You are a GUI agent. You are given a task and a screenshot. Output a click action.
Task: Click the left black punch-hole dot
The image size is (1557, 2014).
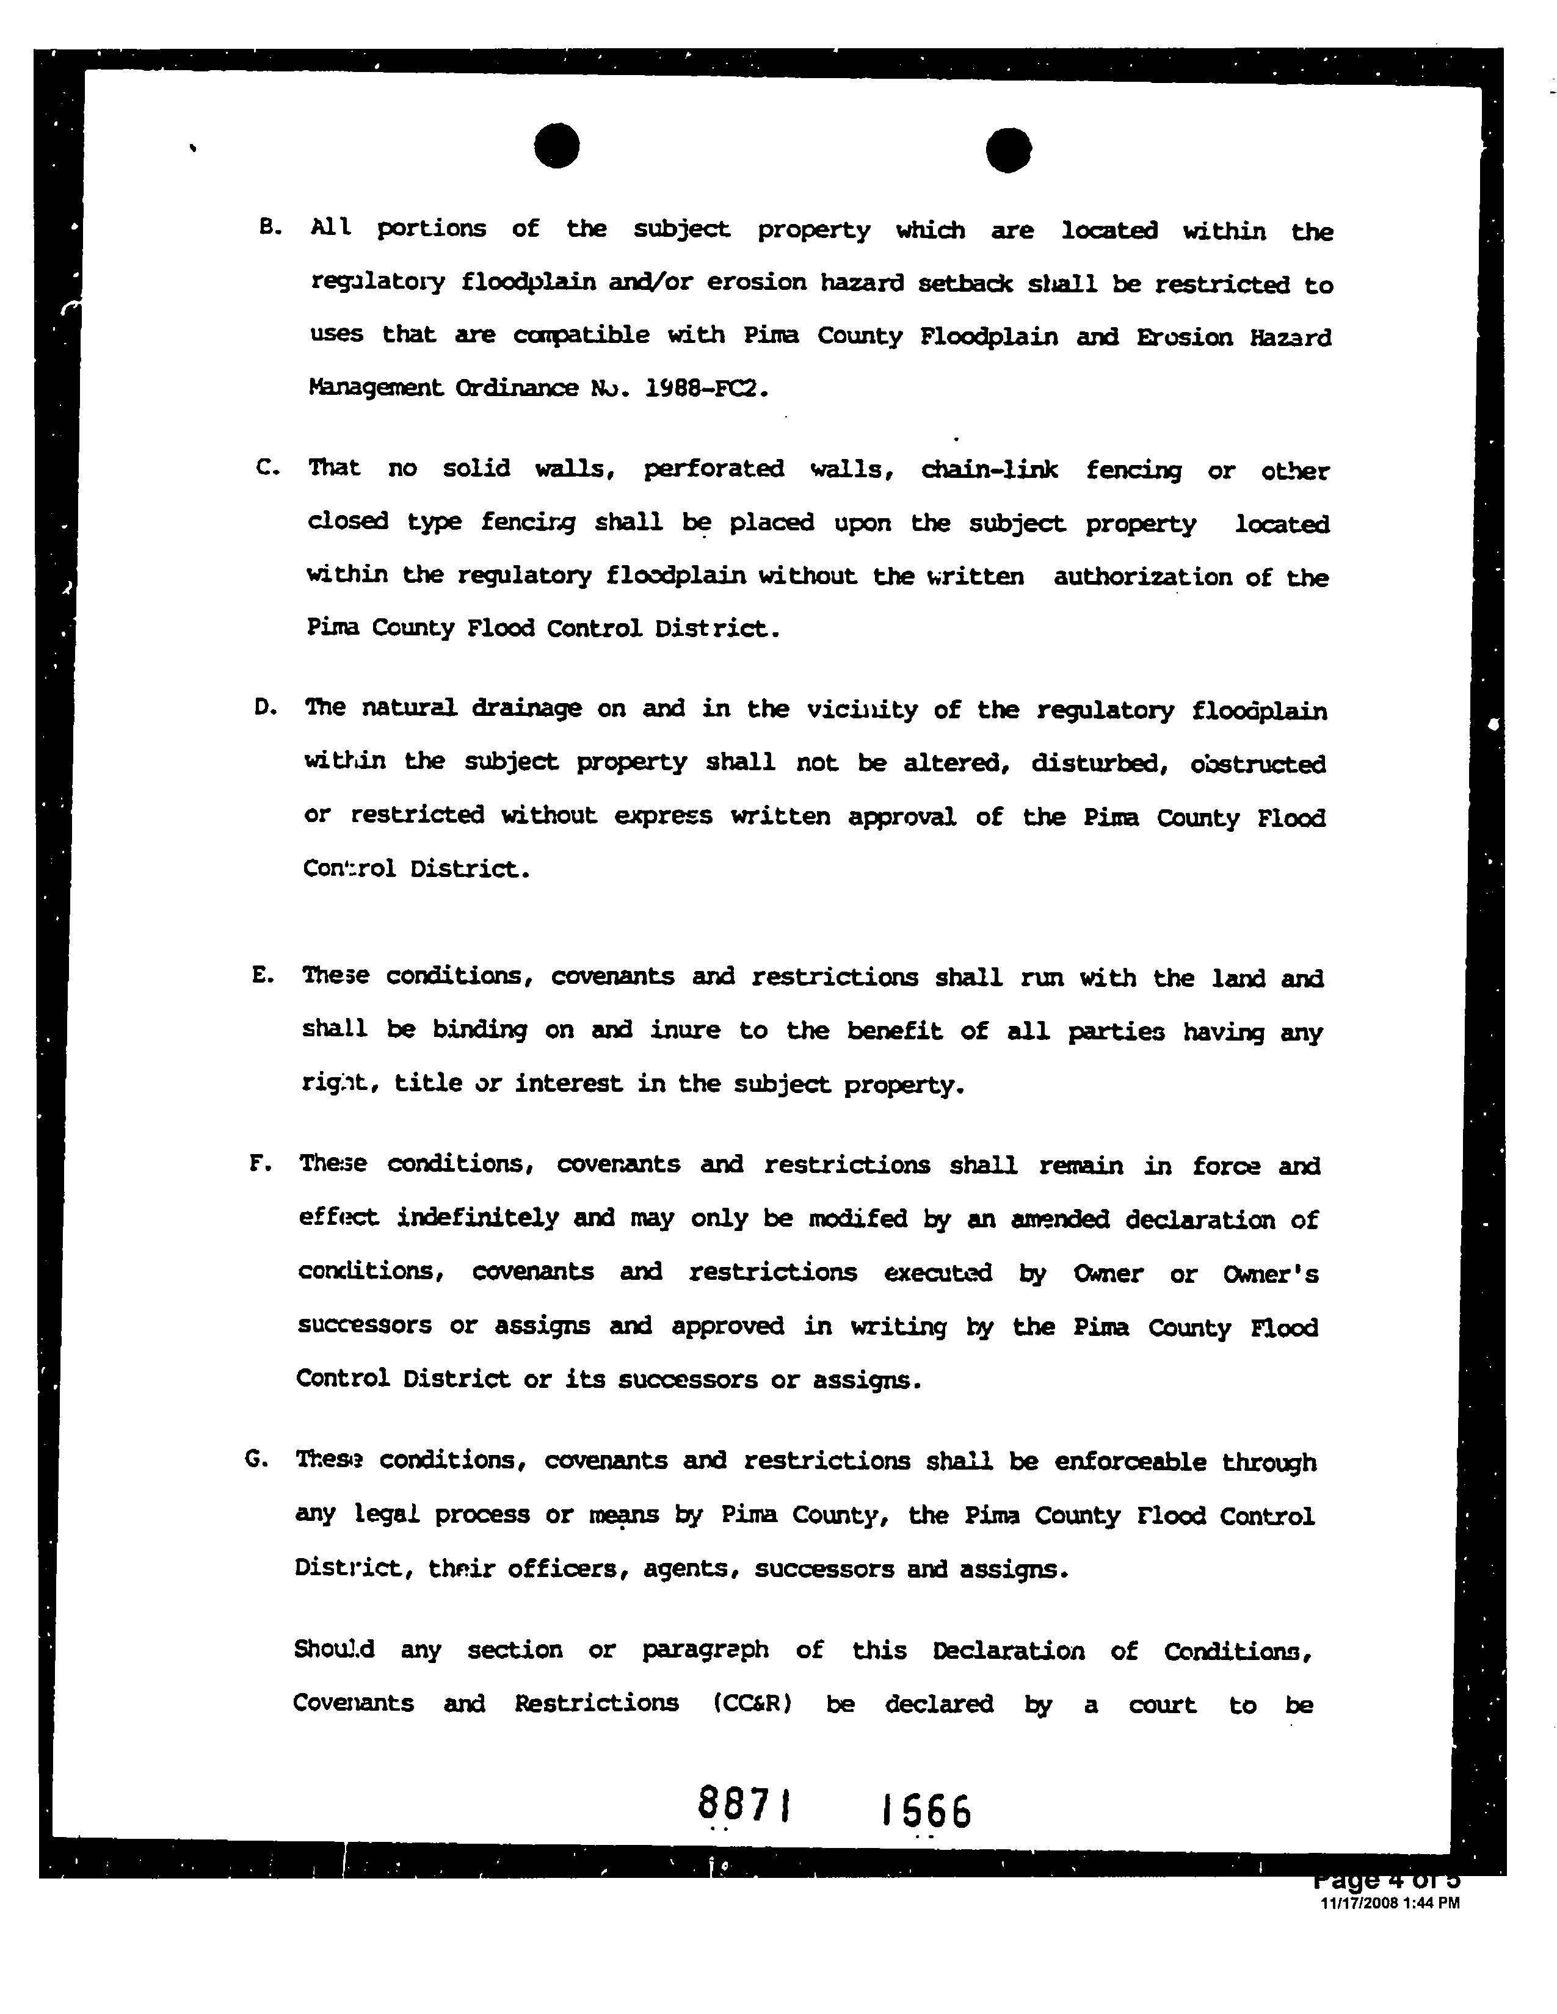pyautogui.click(x=556, y=146)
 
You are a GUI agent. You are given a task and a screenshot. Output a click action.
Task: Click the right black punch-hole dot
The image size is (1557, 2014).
pyautogui.click(x=1008, y=150)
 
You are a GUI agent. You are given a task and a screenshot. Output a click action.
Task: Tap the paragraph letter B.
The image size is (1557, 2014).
pyautogui.click(x=269, y=227)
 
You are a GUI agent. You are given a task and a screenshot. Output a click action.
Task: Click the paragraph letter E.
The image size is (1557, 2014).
pyautogui.click(x=262, y=976)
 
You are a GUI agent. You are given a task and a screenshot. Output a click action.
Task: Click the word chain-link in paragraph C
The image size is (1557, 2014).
pyautogui.click(x=989, y=471)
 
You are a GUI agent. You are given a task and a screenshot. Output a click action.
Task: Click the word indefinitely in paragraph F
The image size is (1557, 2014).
pyautogui.click(x=478, y=1218)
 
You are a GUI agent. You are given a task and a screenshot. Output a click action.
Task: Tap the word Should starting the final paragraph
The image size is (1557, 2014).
pyautogui.click(x=334, y=1650)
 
